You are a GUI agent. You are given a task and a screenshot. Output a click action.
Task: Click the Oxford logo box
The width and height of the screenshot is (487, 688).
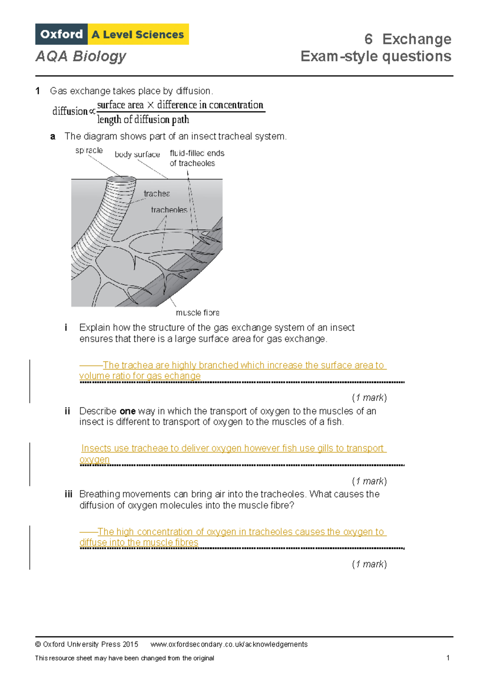[x=61, y=34]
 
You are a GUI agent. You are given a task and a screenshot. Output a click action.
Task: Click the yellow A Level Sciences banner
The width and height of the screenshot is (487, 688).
[x=138, y=34]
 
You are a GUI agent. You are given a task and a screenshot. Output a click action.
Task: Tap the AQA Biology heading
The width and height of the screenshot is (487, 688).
[x=81, y=56]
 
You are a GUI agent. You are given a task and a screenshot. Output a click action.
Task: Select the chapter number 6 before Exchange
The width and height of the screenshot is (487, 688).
[x=368, y=39]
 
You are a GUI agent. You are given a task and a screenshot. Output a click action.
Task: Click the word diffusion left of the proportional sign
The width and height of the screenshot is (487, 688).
[x=70, y=111]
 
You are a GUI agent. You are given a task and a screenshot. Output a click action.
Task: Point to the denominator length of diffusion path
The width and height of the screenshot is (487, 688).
[x=143, y=120]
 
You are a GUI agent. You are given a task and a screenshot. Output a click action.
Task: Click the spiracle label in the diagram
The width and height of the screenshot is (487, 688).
[x=89, y=150]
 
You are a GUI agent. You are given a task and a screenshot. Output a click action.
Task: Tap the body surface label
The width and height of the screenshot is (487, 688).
[x=137, y=155]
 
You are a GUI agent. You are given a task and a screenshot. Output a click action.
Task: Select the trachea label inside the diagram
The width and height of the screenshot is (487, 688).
[x=157, y=194]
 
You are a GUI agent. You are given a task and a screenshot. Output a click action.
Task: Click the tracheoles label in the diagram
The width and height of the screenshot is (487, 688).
[x=169, y=210]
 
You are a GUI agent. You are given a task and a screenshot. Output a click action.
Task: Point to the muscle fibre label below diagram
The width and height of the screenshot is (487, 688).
[x=197, y=313]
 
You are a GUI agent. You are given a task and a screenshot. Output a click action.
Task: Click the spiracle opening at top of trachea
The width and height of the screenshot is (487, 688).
[x=121, y=179]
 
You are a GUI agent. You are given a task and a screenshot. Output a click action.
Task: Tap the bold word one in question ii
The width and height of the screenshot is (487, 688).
[x=127, y=411]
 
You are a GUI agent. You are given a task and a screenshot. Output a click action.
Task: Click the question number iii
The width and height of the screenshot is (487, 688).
[x=68, y=494]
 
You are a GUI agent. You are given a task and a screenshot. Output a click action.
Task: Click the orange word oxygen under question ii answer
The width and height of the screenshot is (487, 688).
[x=95, y=460]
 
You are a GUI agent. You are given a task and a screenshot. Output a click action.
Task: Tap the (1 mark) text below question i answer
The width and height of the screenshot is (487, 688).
[x=369, y=398]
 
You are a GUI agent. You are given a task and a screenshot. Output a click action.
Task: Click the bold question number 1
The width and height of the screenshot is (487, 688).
[x=38, y=91]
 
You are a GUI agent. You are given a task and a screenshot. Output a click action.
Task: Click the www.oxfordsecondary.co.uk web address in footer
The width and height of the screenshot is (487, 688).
[x=229, y=644]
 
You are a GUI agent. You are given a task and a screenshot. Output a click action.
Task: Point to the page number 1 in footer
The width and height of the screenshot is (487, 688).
[x=448, y=658]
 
